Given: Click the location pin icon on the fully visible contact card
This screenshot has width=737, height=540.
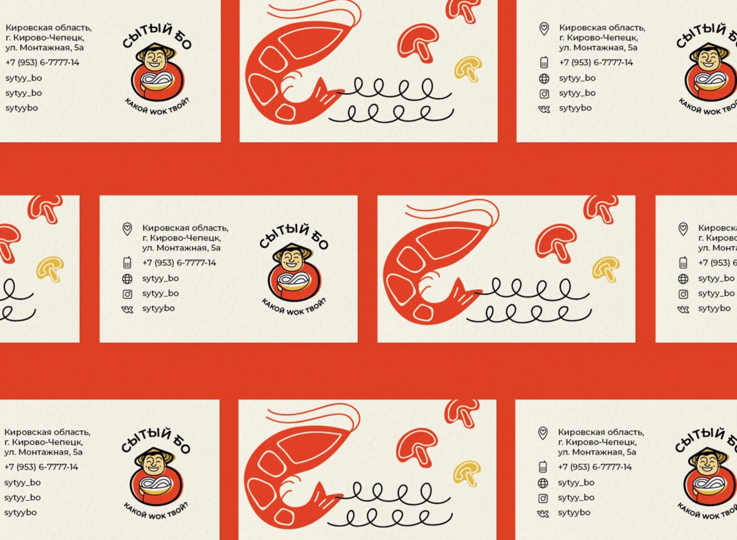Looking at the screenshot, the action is pyautogui.click(x=127, y=229).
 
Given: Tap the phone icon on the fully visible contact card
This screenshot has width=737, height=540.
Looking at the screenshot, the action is pyautogui.click(x=127, y=262).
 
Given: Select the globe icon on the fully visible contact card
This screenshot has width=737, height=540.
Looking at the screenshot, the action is pyautogui.click(x=127, y=279).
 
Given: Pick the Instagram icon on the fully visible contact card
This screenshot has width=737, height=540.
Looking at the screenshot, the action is pyautogui.click(x=127, y=294).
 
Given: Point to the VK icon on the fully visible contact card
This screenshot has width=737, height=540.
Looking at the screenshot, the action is pyautogui.click(x=127, y=309).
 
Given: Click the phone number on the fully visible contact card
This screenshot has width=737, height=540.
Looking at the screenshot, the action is pyautogui.click(x=179, y=262).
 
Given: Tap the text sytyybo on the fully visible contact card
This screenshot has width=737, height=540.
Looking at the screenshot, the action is pyautogui.click(x=159, y=308).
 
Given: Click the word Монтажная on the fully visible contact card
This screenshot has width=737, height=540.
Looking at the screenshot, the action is pyautogui.click(x=182, y=247).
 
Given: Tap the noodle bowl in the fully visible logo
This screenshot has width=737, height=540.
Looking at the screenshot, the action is pyautogui.click(x=294, y=281).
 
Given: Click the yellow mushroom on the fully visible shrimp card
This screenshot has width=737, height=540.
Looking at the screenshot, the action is pyautogui.click(x=607, y=269).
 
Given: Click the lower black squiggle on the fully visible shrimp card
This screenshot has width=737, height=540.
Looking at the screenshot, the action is pyautogui.click(x=528, y=313).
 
